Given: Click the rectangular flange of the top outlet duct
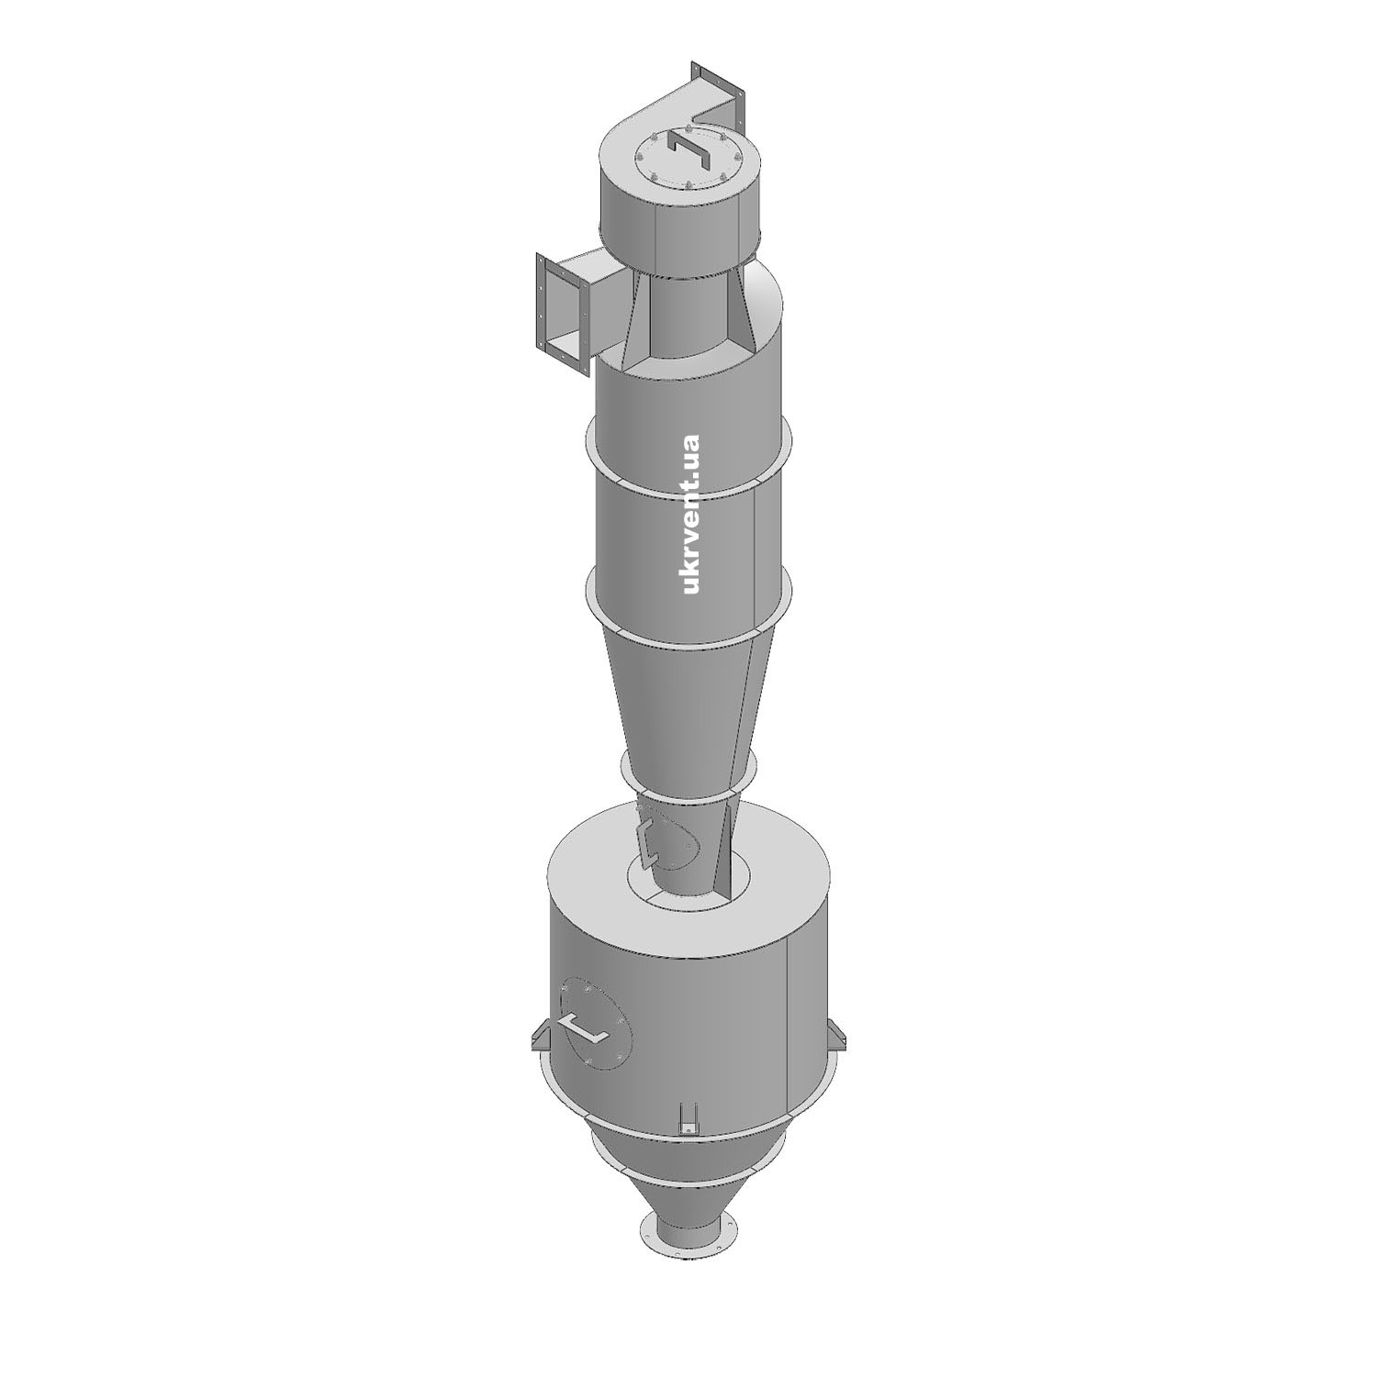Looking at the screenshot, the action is pyautogui.click(x=717, y=91).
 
